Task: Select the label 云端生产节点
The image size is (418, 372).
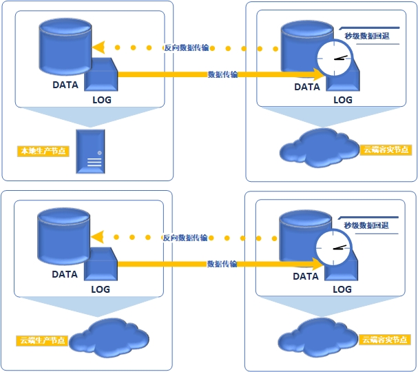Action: click(x=43, y=340)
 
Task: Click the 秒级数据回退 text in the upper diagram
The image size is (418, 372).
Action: click(x=367, y=36)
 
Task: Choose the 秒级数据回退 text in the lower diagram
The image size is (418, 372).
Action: click(x=366, y=225)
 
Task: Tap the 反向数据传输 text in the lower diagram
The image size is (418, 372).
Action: click(x=186, y=238)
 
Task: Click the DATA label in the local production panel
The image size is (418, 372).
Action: click(x=65, y=85)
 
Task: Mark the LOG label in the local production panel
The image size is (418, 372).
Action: click(x=102, y=99)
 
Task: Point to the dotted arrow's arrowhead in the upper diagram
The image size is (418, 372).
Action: click(x=98, y=48)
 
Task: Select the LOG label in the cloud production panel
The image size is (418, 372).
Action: click(x=101, y=289)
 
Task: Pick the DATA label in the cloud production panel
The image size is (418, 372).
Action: click(x=65, y=274)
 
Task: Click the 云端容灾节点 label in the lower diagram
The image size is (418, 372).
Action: click(x=385, y=340)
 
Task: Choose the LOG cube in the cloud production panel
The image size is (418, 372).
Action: click(x=102, y=263)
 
